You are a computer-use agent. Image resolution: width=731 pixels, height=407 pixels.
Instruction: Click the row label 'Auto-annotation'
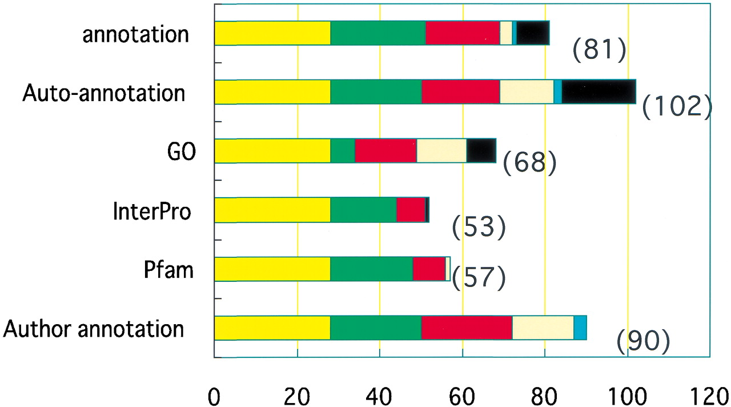click(x=103, y=93)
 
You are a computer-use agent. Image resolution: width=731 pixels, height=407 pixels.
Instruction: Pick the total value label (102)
click(x=677, y=107)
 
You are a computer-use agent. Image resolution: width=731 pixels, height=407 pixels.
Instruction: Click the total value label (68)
click(x=529, y=164)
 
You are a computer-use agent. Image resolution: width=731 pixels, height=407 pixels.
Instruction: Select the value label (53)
click(x=479, y=228)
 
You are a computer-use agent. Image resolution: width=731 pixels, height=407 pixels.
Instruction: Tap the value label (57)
click(x=479, y=277)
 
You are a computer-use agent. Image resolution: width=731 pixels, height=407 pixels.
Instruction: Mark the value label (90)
click(x=643, y=341)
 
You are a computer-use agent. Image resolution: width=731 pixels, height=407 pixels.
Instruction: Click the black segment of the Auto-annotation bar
click(x=599, y=92)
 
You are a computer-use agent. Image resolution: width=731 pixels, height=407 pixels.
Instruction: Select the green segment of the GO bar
click(x=343, y=151)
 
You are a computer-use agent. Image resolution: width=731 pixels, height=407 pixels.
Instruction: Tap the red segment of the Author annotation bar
click(x=467, y=328)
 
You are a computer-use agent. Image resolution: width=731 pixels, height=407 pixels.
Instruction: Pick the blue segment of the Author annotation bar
click(x=580, y=328)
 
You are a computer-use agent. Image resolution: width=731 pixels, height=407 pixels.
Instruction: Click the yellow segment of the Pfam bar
click(x=272, y=269)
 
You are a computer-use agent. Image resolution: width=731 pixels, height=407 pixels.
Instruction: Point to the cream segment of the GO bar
click(x=441, y=151)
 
